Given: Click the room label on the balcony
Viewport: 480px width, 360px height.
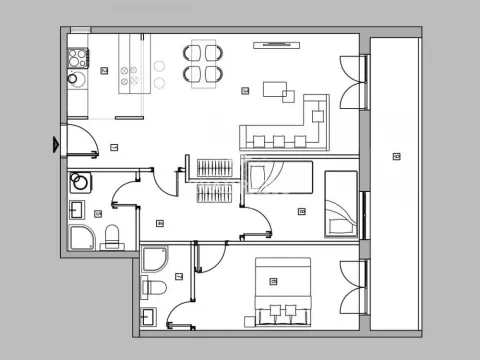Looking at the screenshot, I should tap(397, 155).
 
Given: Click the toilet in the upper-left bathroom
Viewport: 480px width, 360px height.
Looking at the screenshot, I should tap(112, 236).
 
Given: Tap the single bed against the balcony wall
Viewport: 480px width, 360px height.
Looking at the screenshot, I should tap(340, 203).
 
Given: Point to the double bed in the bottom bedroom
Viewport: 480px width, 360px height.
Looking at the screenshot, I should tap(284, 291).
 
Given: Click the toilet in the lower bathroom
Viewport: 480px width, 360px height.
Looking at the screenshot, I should tap(154, 289).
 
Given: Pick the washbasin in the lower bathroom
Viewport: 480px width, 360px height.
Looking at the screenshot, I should tap(149, 318).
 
